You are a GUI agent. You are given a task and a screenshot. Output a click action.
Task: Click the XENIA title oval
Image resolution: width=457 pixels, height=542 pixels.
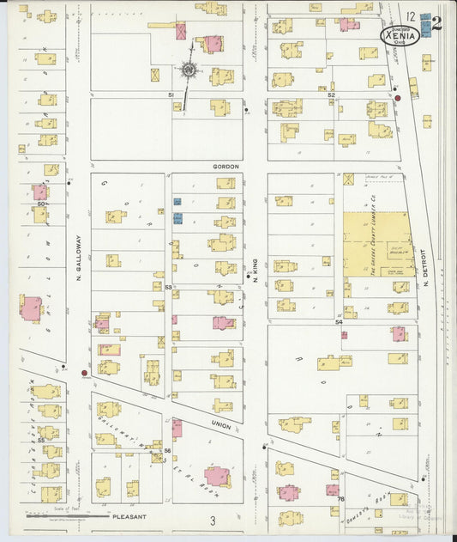(x=401, y=37)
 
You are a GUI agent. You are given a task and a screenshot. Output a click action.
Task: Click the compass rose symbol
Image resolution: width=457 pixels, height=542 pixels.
(x=188, y=70)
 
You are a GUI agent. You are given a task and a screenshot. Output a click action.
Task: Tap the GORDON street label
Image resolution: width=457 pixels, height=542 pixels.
(x=225, y=167)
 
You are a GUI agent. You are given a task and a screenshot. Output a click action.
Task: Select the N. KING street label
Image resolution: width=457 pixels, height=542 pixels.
(x=255, y=271)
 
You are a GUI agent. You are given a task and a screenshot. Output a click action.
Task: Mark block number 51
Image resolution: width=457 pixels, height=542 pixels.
(x=171, y=94)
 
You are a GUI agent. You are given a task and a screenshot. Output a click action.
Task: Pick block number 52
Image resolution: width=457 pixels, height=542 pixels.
(x=330, y=94)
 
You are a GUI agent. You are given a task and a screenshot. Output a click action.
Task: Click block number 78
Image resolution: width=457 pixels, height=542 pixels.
(x=340, y=499)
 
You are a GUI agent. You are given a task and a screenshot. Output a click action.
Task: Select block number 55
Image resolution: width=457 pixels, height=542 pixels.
(x=41, y=439)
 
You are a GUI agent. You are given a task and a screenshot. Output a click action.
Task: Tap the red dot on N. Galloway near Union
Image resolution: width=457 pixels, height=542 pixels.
(x=83, y=373)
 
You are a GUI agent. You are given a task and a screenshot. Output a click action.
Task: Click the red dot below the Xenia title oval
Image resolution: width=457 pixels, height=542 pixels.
(x=398, y=98)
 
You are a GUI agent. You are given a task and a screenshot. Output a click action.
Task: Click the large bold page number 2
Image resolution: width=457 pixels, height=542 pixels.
(x=436, y=23)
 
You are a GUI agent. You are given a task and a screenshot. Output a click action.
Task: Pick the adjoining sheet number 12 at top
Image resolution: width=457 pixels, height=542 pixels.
(x=412, y=16)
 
